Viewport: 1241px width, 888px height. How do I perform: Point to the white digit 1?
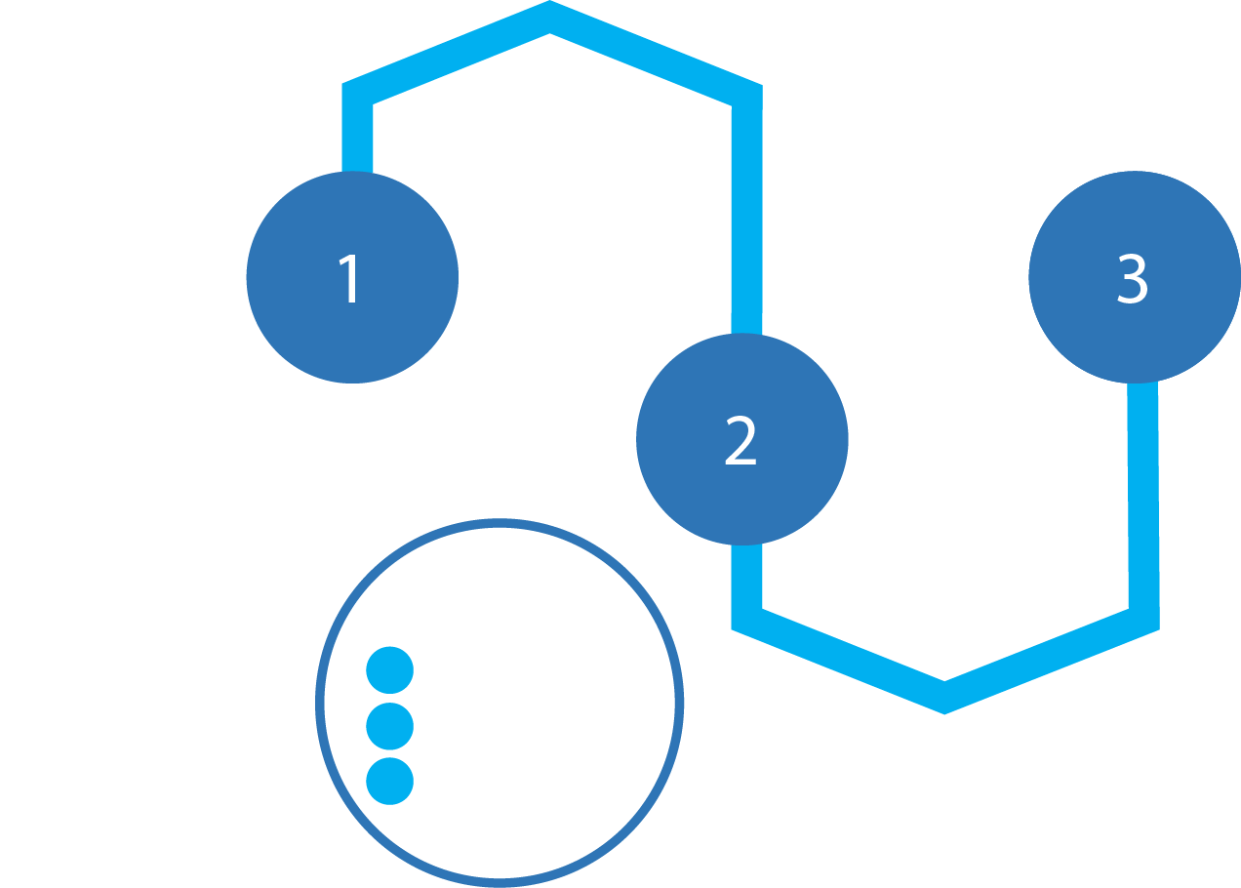[x=350, y=279]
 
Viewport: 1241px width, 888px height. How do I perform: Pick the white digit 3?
[x=1133, y=279]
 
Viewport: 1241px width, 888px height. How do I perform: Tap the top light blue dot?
[x=390, y=670]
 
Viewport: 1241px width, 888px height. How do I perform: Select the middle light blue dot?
[x=390, y=726]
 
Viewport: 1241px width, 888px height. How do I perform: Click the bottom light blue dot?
[x=390, y=781]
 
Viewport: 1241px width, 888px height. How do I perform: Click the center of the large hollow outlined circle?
[x=500, y=703]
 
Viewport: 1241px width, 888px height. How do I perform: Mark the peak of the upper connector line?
[x=550, y=17]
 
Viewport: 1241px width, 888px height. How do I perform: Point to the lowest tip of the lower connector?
[x=944, y=698]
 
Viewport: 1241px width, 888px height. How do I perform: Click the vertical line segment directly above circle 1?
[x=357, y=137]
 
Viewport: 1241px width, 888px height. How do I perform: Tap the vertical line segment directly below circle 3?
[x=1143, y=498]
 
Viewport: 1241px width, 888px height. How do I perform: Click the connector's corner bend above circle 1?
[x=357, y=94]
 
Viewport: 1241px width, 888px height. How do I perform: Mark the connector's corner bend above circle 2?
[x=746, y=95]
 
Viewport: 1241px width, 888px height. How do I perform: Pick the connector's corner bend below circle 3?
[x=1143, y=619]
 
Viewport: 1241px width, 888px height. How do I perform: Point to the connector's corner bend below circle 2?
[x=746, y=619]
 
